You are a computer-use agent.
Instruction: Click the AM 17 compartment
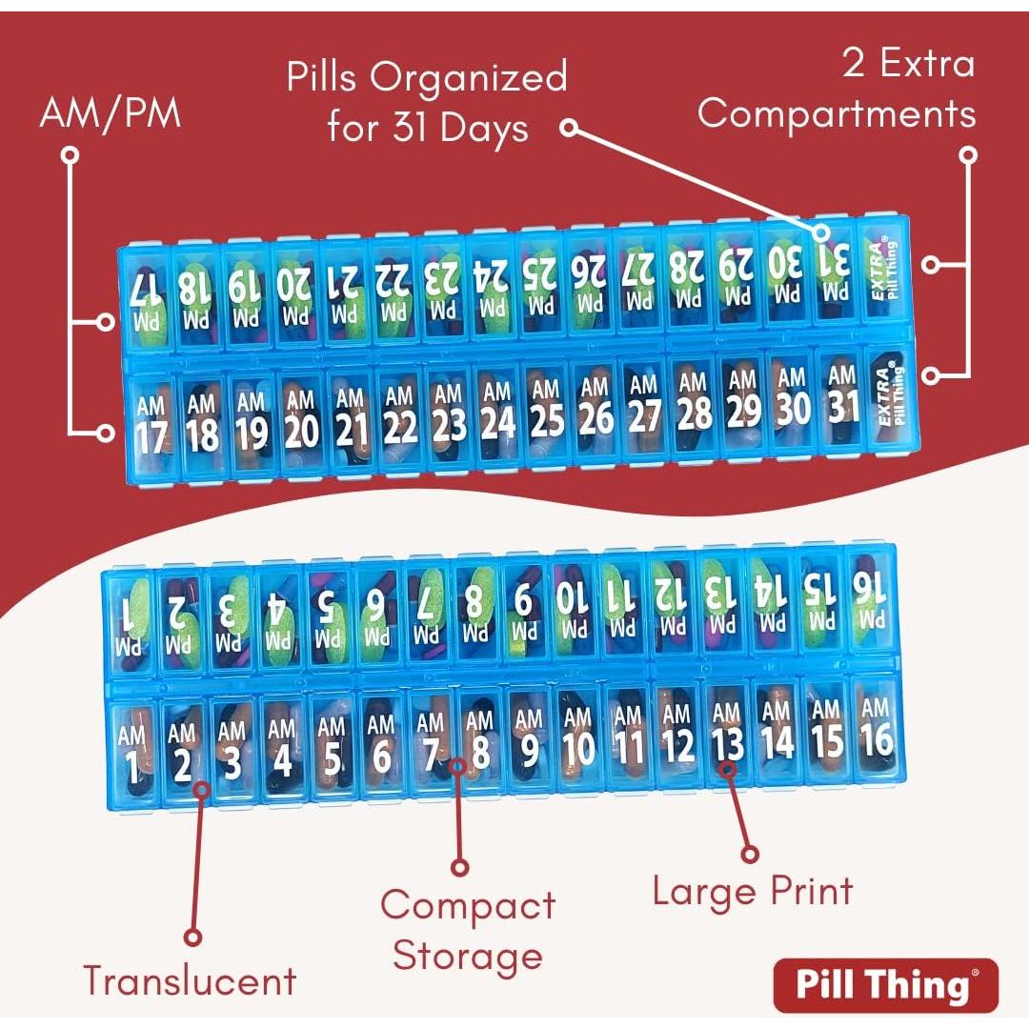[x=151, y=423]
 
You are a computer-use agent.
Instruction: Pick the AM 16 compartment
[x=875, y=729]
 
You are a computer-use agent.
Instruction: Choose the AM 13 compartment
[x=727, y=734]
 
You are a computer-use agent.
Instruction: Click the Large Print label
[x=753, y=892]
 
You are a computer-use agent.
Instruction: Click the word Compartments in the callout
[x=837, y=113]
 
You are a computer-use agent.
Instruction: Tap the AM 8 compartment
[x=479, y=742]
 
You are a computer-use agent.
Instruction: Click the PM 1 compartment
[x=131, y=620]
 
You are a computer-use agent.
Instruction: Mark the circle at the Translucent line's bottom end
[x=193, y=937]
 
